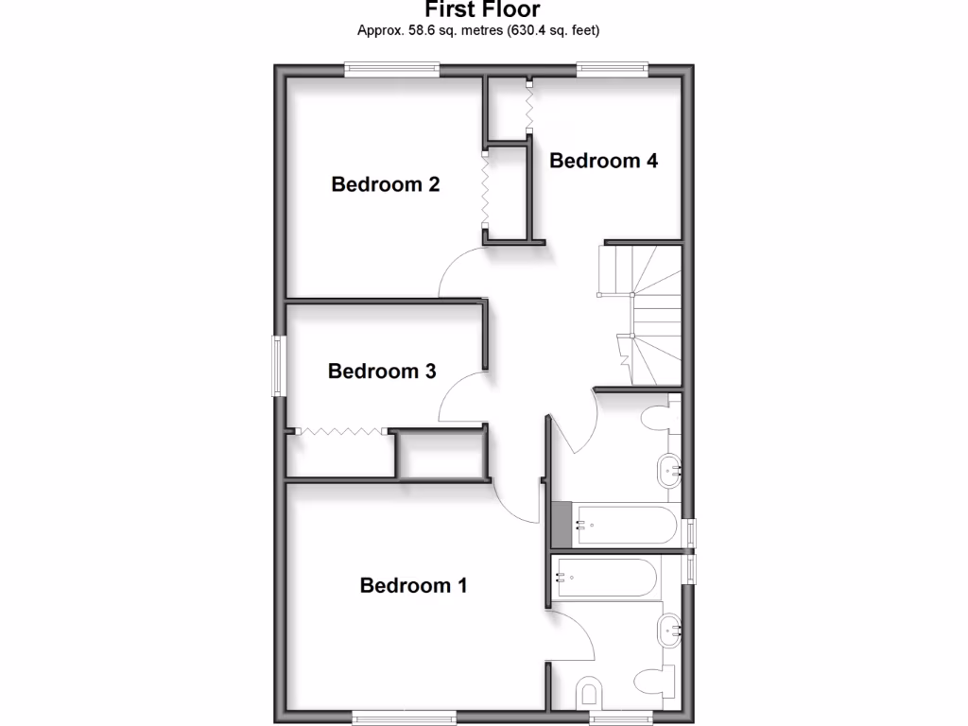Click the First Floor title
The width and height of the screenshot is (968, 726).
pyautogui.click(x=482, y=10)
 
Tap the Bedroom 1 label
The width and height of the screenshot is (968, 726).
pyautogui.click(x=413, y=585)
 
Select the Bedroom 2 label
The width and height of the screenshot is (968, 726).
pyautogui.click(x=385, y=184)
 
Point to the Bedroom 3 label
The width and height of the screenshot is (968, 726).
pyautogui.click(x=381, y=372)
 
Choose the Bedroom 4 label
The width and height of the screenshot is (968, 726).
pyautogui.click(x=603, y=161)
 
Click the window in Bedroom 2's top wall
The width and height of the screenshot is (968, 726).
pyautogui.click(x=391, y=67)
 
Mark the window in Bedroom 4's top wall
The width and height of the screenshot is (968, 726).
pyautogui.click(x=612, y=67)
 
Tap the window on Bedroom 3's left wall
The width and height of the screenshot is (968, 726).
pyautogui.click(x=278, y=366)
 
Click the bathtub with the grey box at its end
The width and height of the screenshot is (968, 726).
pyautogui.click(x=625, y=524)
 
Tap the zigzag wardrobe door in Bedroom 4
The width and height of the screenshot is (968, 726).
pyautogui.click(x=529, y=105)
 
